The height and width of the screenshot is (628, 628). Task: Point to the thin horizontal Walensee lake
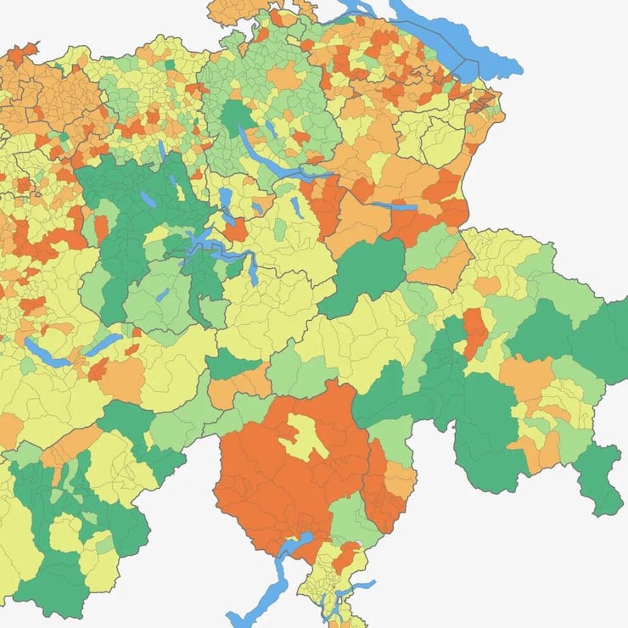[x=393, y=205]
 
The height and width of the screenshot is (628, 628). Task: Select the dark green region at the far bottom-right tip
[x=603, y=475]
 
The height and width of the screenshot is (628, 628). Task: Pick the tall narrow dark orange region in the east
[x=474, y=331]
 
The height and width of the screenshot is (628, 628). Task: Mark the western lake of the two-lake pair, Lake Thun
[x=47, y=352]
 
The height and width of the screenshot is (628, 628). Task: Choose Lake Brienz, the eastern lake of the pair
[x=104, y=343]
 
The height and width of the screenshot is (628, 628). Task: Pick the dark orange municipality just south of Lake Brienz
[x=98, y=369]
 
